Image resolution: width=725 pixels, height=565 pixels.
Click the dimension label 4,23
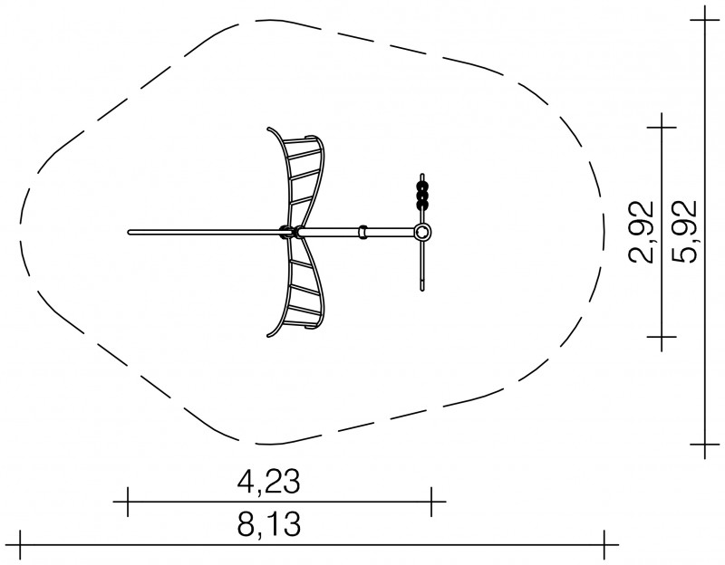click(x=268, y=482)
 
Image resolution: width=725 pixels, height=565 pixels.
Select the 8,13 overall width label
click(x=268, y=524)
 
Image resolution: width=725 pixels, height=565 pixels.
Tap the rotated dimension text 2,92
click(x=641, y=232)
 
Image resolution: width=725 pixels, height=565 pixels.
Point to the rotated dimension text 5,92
click(x=683, y=232)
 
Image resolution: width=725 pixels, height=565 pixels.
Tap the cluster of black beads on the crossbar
click(x=422, y=196)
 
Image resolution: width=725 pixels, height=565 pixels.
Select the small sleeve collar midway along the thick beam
click(x=363, y=232)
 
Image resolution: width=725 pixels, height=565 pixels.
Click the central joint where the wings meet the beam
click(x=291, y=232)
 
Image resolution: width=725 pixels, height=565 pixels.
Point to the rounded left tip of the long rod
click(x=130, y=232)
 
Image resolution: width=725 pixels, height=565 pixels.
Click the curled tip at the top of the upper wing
click(x=269, y=129)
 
